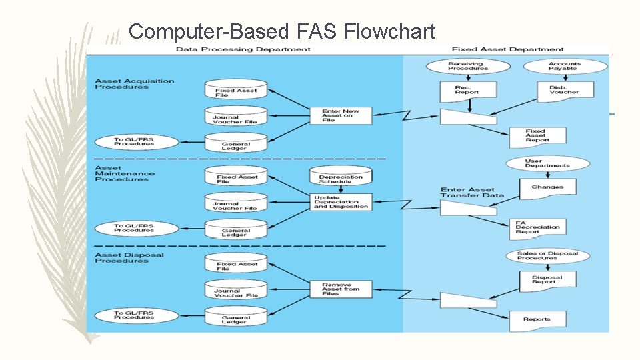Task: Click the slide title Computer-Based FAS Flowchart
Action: click(281, 31)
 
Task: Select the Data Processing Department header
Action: click(243, 49)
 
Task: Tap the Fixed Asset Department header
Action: click(507, 49)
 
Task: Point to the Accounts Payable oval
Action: click(565, 66)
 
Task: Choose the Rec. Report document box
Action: click(467, 91)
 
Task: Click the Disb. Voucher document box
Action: click(565, 91)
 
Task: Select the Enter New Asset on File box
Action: click(341, 115)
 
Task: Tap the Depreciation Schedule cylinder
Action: click(340, 178)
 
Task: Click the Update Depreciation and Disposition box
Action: click(341, 202)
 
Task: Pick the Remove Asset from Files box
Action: click(341, 289)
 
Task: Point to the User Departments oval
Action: click(547, 163)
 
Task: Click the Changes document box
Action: click(547, 188)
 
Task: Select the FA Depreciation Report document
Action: click(537, 227)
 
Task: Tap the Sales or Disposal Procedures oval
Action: click(547, 255)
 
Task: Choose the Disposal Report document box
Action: click(547, 280)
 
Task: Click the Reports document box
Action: click(537, 320)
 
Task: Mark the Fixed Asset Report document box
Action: click(536, 136)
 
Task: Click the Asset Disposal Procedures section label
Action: click(129, 258)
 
